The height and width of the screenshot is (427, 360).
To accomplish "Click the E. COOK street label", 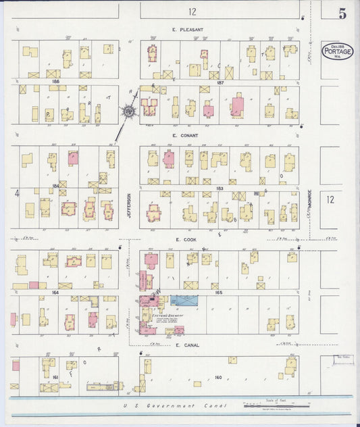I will tap(185, 238).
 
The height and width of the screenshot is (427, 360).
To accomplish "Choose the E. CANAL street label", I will tap(186, 345).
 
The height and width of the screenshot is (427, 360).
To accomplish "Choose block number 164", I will tap(55, 292).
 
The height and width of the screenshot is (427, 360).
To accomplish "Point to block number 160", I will tap(217, 377).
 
